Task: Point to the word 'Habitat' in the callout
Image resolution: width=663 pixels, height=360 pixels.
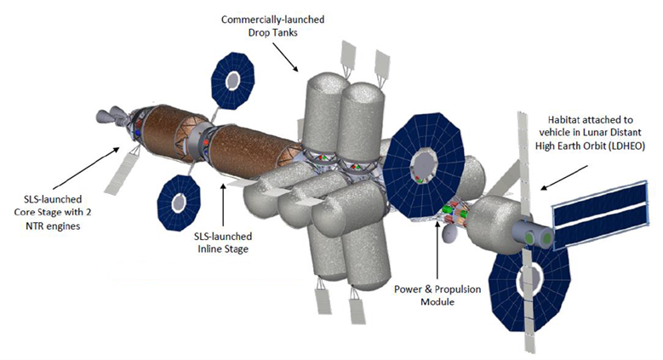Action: coord(553,121)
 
